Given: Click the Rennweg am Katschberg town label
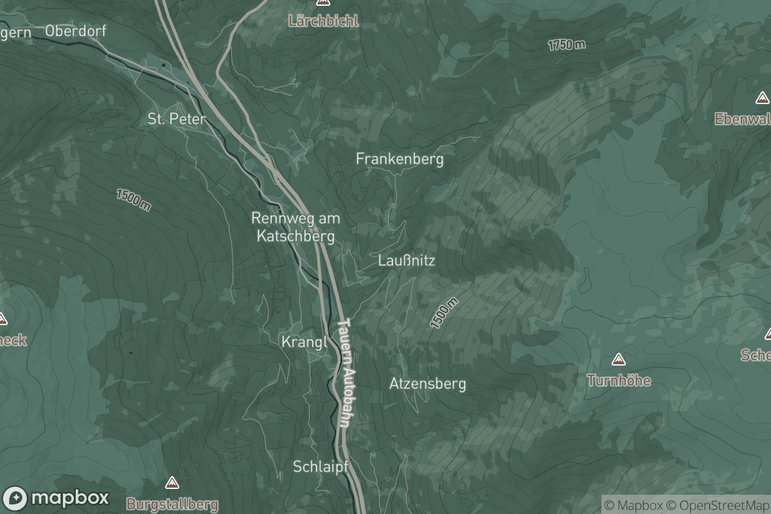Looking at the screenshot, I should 296,227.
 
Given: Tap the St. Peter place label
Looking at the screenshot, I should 177,119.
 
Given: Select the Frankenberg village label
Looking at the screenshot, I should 400,159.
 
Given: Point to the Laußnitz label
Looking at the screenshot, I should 407,261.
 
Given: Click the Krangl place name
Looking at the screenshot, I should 305,342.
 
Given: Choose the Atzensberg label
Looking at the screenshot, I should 427,384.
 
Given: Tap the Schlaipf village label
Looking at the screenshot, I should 320,466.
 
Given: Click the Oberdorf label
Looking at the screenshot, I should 76,30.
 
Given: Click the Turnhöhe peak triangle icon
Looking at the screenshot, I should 619,359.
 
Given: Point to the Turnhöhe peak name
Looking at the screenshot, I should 619,380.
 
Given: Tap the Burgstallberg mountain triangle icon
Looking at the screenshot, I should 172,483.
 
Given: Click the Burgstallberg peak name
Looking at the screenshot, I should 172,504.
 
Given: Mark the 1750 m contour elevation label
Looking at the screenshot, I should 567,44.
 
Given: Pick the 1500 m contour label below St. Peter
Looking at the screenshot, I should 134,200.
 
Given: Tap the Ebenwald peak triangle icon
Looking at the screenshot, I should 762,98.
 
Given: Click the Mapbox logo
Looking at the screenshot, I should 57,498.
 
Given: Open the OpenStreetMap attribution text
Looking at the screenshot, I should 718,504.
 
